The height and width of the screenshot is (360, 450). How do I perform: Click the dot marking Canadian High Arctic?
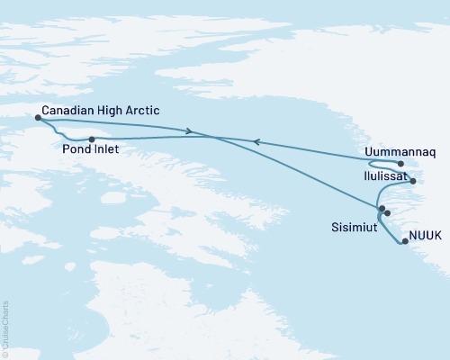[x=37, y=117]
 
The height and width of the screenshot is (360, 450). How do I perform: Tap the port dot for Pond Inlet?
[x=92, y=139]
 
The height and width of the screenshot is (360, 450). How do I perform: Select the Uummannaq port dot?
[x=400, y=164]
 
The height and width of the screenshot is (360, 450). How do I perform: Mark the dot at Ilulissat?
[x=413, y=182]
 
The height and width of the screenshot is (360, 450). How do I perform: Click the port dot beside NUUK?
[x=405, y=241]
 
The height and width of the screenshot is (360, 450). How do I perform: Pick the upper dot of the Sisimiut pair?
[x=382, y=209]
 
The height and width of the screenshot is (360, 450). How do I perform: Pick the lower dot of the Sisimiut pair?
[x=387, y=213]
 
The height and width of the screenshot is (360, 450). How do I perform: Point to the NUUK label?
[x=425, y=235]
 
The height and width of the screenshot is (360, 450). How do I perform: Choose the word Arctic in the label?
[x=145, y=110]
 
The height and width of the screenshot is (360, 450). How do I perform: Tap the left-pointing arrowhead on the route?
[x=256, y=141]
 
